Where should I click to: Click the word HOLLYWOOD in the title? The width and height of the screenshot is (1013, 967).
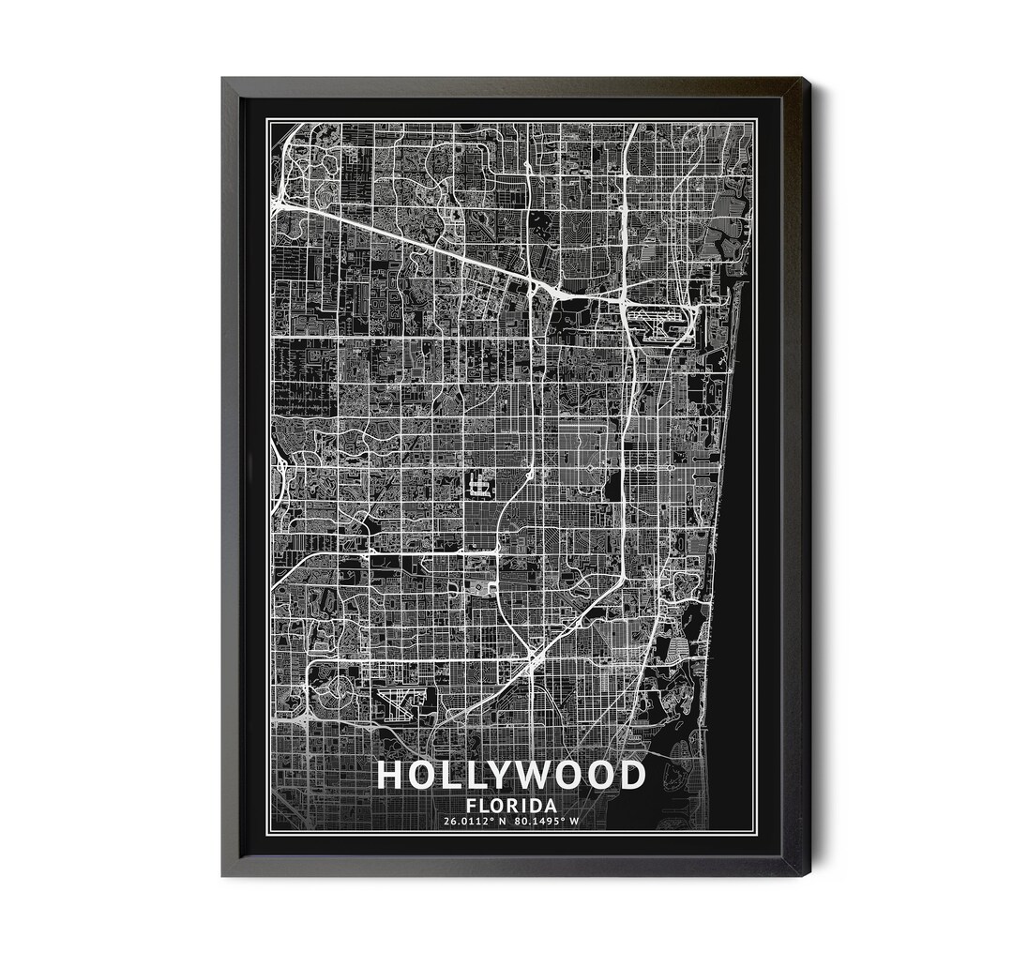(x=511, y=776)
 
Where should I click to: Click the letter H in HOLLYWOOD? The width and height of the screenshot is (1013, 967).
(x=390, y=776)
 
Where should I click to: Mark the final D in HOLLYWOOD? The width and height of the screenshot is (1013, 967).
(x=632, y=776)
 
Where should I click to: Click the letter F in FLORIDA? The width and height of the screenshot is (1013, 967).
(x=471, y=806)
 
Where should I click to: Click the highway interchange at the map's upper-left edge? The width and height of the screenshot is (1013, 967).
(x=280, y=200)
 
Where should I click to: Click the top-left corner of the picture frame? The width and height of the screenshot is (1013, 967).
(x=223, y=79)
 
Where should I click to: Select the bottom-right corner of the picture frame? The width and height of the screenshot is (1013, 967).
(x=809, y=875)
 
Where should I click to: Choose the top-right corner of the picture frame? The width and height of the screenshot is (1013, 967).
(x=809, y=79)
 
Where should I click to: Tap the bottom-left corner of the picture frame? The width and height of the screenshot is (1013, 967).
(x=223, y=875)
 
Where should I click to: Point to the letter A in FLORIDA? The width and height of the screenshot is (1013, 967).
(x=550, y=806)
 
